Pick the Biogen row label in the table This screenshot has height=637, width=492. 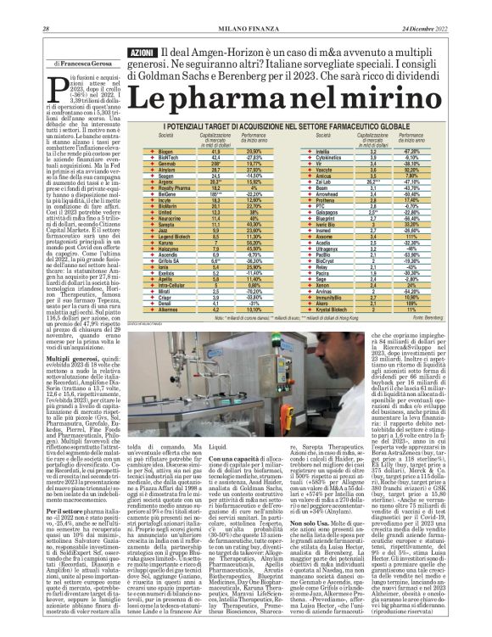pyautogui.click(x=165, y=148)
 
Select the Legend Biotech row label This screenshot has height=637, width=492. pyautogui.click(x=175, y=232)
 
